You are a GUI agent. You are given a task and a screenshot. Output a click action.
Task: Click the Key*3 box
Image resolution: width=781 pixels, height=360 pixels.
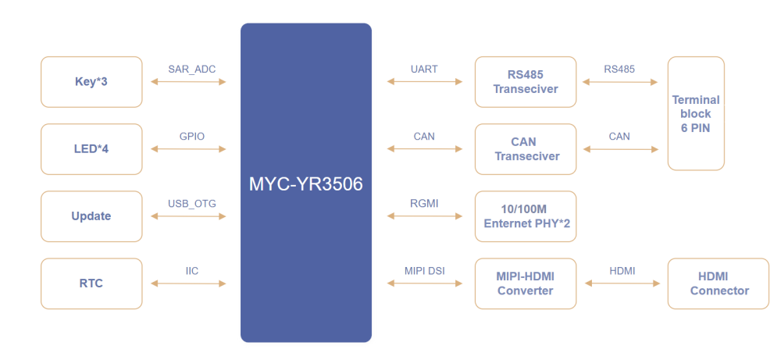pos(91,82)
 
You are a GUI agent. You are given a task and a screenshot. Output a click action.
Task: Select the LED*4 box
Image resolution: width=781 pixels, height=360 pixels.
pos(91,149)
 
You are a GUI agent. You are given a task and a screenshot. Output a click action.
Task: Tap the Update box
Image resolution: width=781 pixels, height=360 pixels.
pos(91,216)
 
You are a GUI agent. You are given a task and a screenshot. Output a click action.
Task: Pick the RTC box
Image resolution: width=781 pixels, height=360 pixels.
pos(91,283)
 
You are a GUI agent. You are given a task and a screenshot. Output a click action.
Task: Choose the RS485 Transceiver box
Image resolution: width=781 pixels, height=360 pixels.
pos(526,82)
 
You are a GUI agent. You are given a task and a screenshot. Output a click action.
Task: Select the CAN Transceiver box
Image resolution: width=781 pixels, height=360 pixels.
pos(526,149)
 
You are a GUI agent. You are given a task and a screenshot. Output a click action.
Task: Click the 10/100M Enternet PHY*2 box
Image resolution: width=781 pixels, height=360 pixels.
pos(526,216)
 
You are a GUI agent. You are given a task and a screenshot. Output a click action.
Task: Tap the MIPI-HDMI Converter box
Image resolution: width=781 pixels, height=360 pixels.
pos(526,283)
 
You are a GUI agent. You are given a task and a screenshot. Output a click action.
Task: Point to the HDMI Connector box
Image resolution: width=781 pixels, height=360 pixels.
pos(719,283)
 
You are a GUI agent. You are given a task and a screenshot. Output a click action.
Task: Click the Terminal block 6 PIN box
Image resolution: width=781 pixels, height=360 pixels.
pos(696,113)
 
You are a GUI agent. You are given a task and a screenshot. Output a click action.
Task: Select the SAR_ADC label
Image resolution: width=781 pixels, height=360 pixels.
pos(192,70)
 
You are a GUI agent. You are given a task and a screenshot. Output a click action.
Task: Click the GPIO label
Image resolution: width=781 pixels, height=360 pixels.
pos(192,136)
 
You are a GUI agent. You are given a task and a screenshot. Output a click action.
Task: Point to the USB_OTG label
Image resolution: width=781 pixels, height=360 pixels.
pos(192,203)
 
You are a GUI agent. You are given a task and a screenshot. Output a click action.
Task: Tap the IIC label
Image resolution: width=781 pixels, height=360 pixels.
pos(192,271)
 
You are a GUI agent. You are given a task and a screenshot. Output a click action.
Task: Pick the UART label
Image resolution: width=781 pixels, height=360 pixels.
pos(425,70)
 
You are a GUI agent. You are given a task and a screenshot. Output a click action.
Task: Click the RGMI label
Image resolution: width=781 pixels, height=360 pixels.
pos(424,203)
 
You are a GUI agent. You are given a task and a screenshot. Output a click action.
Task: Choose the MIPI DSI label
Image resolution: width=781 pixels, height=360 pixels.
pos(424,271)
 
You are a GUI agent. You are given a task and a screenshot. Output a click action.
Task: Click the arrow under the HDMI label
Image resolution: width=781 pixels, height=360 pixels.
pos(622,283)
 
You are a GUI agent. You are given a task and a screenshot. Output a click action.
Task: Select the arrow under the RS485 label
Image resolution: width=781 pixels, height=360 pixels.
pos(620,82)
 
